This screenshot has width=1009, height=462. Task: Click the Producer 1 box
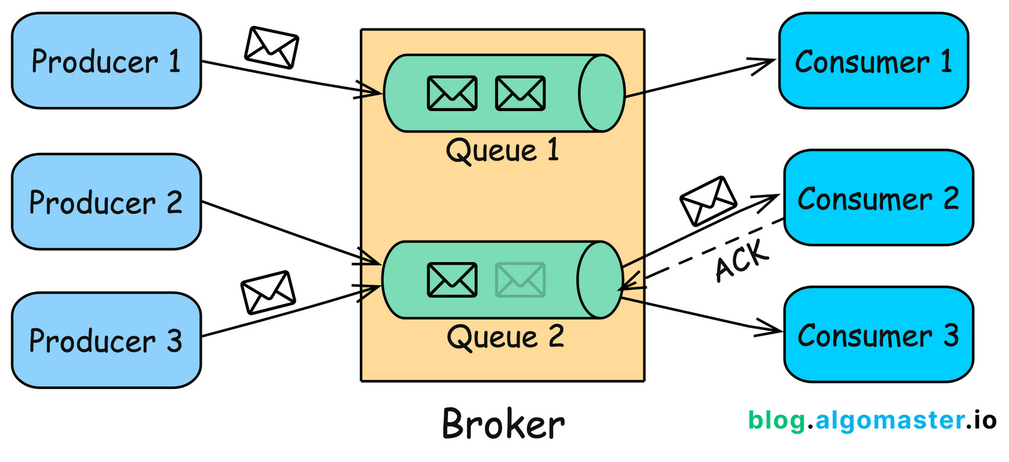coord(106,61)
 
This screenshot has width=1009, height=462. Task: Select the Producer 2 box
coord(106,202)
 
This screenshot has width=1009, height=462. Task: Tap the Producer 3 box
coord(106,340)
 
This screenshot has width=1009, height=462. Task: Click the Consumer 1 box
coord(873,61)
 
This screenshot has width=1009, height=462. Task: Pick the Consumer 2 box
coord(878,198)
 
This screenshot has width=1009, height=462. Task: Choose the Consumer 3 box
coord(878,335)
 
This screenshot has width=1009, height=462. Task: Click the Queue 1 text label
coord(502,151)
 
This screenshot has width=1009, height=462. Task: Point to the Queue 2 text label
coord(505,337)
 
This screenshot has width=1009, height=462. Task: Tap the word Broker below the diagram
coord(503,424)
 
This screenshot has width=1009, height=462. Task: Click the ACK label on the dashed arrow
coord(741,260)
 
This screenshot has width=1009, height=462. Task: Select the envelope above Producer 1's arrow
coord(272,48)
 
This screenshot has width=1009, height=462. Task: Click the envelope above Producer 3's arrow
coord(268,292)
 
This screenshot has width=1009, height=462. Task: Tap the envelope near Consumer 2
coord(708,201)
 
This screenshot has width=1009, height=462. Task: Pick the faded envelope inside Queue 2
coord(520,280)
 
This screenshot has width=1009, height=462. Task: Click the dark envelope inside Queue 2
coord(452,280)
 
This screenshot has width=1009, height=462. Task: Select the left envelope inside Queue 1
coord(452,93)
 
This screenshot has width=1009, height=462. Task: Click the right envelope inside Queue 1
coord(520,93)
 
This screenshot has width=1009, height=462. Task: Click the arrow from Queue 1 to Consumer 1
coord(698,78)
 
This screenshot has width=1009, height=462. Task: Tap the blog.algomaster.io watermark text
coord(872,421)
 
